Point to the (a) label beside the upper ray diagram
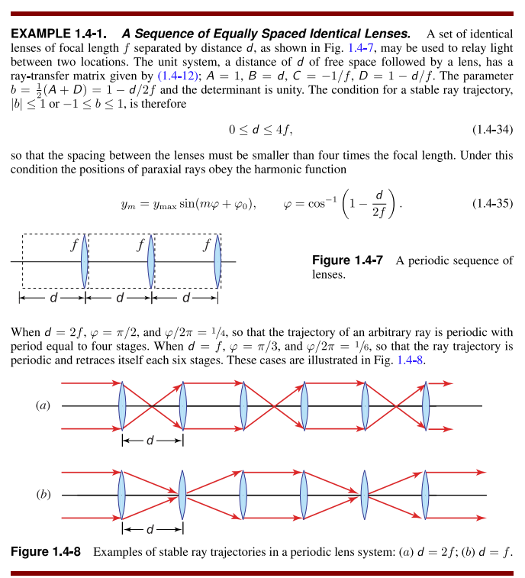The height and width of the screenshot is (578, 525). (x=43, y=405)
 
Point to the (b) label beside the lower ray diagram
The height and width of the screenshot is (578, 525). (x=43, y=495)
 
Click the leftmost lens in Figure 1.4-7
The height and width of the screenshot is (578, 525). (x=84, y=262)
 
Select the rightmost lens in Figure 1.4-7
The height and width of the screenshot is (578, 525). (x=218, y=262)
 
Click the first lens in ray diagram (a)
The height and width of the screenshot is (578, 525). (x=122, y=405)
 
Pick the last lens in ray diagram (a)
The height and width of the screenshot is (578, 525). (x=426, y=405)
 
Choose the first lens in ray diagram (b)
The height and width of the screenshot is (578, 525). (x=122, y=495)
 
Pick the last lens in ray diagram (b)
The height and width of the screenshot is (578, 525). (x=426, y=495)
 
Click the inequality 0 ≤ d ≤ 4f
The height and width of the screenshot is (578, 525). (x=261, y=129)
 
